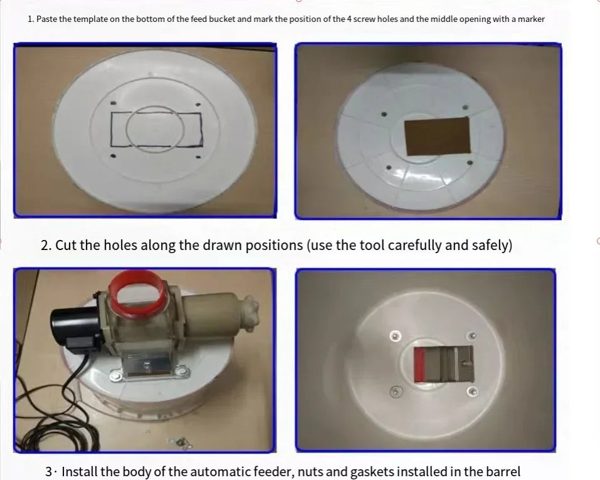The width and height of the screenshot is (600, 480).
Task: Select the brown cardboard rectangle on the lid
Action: (438, 136)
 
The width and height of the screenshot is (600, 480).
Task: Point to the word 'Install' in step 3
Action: (80, 471)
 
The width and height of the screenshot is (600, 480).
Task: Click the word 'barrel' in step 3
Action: (503, 471)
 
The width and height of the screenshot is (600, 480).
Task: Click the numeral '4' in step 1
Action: (349, 19)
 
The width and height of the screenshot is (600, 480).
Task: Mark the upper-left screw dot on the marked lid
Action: (113, 103)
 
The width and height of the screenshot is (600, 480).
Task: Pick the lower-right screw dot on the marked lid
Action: (198, 157)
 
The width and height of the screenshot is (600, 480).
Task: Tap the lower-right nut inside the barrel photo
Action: (473, 392)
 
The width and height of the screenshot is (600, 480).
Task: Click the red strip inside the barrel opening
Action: (420, 365)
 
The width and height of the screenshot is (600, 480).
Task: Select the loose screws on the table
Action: (180, 442)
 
